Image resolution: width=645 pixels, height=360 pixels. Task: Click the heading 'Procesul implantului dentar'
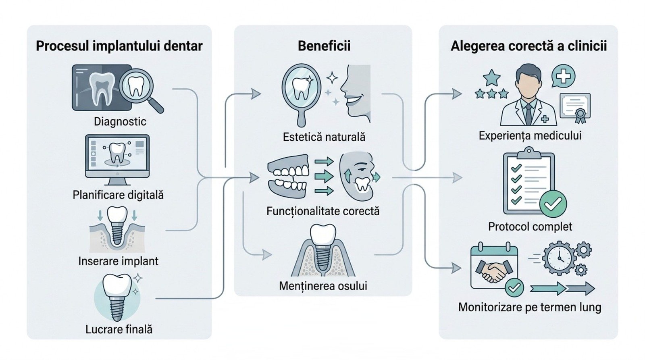(119, 46)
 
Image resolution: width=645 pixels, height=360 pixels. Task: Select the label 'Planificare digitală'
(118, 195)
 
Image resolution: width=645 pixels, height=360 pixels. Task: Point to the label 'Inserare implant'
(118, 261)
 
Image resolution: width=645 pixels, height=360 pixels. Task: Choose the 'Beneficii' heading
(324, 46)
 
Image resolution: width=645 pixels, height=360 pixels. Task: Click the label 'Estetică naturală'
(324, 137)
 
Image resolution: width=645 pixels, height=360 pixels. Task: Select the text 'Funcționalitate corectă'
(323, 211)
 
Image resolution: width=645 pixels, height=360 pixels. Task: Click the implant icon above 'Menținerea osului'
(322, 250)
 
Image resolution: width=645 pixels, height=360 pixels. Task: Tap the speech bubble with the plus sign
(563, 76)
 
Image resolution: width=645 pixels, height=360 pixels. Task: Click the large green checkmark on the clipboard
(553, 204)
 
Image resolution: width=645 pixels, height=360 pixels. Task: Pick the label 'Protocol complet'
(530, 227)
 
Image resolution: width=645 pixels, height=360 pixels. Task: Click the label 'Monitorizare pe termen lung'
(530, 308)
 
